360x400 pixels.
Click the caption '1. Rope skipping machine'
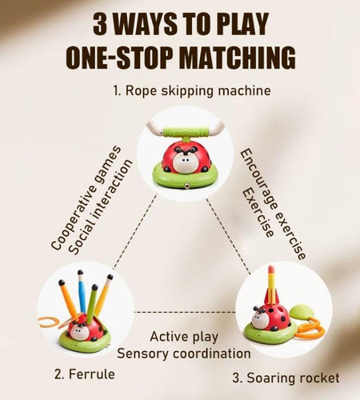point(192,90)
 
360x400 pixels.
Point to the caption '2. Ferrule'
point(85,374)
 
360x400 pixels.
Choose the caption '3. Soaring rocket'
point(286,378)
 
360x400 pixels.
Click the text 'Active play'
point(184,337)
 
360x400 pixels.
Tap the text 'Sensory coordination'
point(184,354)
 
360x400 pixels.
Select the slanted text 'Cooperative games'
point(86,198)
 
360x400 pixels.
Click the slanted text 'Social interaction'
point(100,207)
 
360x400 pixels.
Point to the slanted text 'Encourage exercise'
point(273,204)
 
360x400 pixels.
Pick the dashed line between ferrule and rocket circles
point(185,312)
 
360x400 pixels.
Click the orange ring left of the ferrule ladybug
point(49,322)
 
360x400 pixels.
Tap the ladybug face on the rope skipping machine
point(186,163)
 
